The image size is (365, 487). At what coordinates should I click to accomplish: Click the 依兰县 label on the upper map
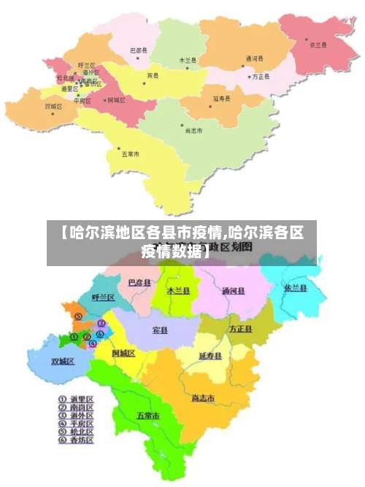point(319,44)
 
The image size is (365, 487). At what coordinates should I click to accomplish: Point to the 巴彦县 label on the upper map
point(139,50)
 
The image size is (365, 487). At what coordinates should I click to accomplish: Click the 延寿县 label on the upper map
point(222,97)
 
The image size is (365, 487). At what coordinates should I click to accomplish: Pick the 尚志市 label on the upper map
point(193,130)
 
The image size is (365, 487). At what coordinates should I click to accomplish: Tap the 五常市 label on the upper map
point(131,154)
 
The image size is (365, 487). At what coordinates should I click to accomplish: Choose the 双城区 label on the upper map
point(54,106)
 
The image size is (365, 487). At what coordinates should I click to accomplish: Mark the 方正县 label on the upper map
point(261,77)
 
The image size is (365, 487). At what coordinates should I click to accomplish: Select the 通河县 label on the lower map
point(234,291)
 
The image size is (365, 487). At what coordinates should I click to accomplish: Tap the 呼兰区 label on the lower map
point(104,297)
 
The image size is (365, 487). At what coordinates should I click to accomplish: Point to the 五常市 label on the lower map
point(148,416)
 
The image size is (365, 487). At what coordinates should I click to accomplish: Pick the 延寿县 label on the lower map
point(210,356)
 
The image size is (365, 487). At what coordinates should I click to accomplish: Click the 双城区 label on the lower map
point(63,361)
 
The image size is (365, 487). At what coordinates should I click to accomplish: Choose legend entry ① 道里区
point(76,400)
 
